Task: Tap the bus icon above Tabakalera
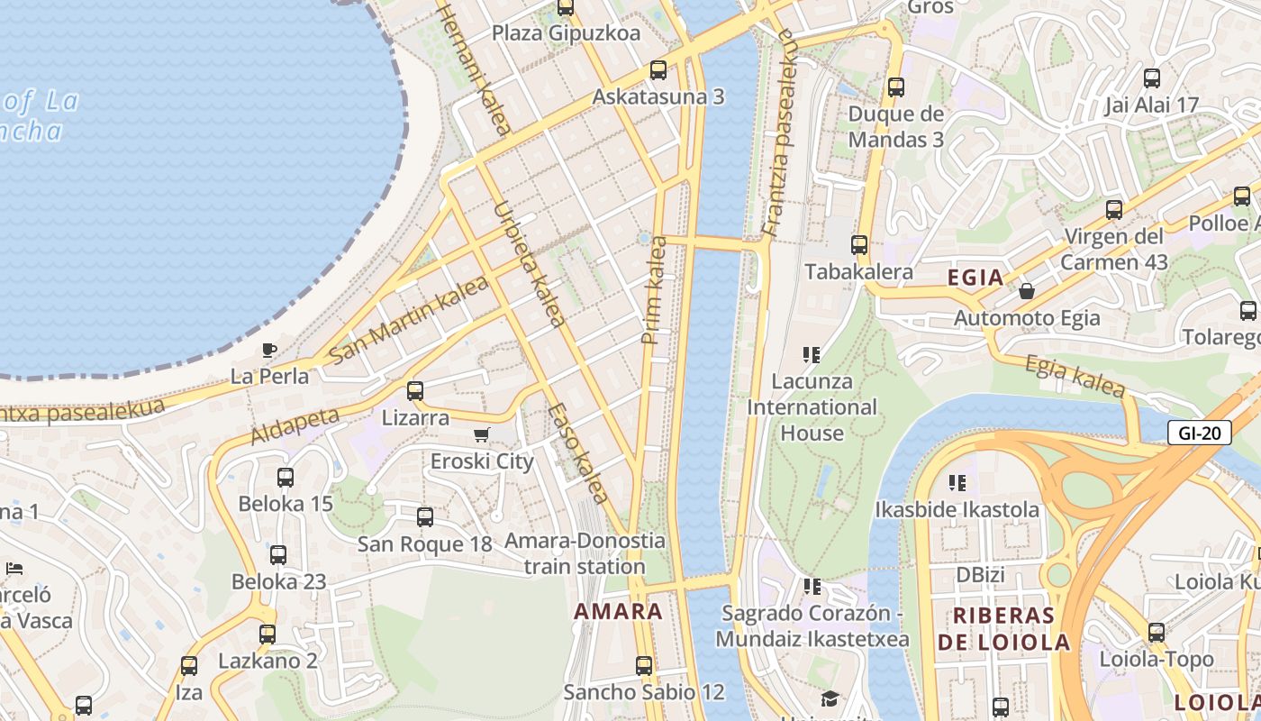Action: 859,244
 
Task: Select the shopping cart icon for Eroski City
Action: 482,435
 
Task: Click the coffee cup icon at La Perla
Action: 268,350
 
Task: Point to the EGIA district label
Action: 975,278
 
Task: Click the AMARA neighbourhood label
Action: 618,611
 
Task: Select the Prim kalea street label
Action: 652,289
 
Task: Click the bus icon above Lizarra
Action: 415,391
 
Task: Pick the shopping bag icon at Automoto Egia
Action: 1026,291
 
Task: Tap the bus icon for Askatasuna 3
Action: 658,70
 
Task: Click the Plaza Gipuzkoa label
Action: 566,33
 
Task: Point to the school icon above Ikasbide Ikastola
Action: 957,483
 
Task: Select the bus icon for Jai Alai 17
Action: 1151,78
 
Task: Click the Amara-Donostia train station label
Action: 585,553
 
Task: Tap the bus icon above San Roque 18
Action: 425,517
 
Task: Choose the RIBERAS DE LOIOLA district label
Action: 1003,628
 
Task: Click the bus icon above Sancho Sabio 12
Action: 644,666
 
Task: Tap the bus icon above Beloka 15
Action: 286,478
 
